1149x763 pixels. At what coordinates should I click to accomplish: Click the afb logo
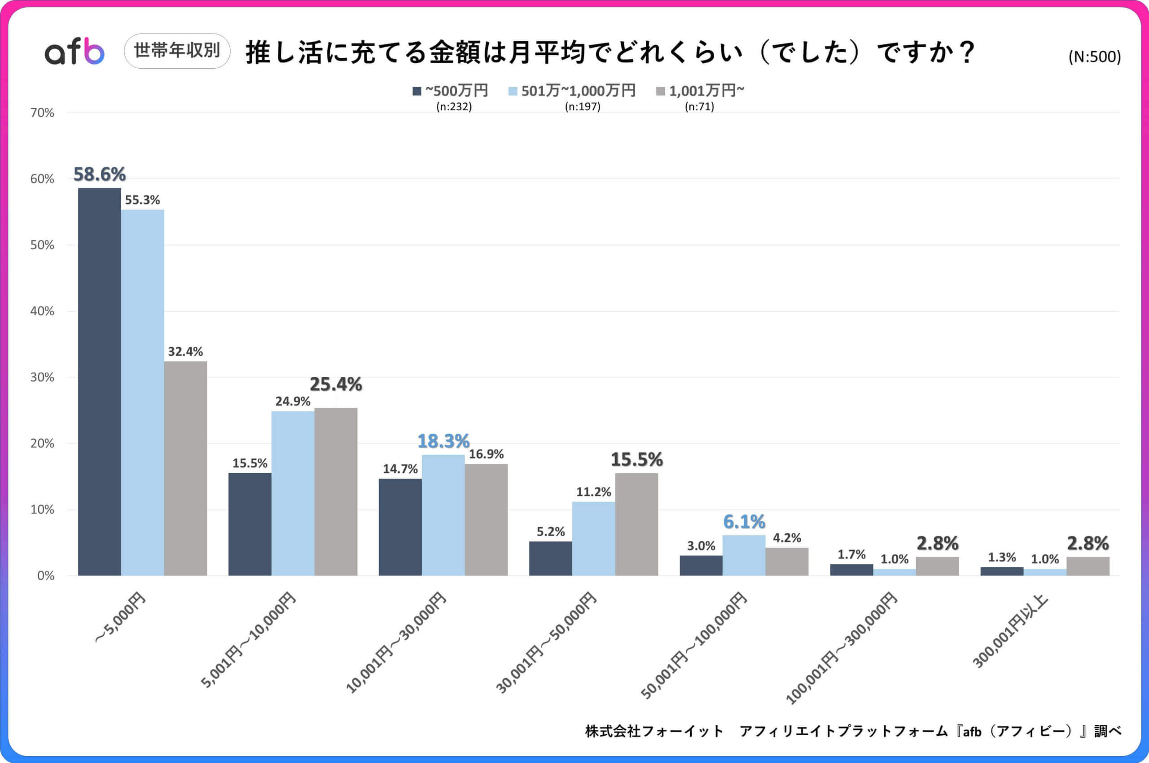[x=75, y=51]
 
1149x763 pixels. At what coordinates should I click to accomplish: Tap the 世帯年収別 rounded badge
[x=177, y=51]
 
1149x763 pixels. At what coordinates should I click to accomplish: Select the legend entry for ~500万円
[x=450, y=91]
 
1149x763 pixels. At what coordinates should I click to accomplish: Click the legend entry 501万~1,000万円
[x=573, y=91]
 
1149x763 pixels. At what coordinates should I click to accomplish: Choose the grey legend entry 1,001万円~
[x=701, y=91]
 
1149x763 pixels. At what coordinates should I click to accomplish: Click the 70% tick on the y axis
[x=42, y=113]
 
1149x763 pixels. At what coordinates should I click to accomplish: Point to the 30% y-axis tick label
[x=42, y=377]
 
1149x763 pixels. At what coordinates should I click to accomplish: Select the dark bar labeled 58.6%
[x=99, y=382]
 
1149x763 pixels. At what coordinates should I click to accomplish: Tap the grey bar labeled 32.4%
[x=185, y=468]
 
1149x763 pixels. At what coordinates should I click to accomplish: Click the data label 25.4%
[x=335, y=384]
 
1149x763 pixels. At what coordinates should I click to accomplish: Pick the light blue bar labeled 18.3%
[x=443, y=515]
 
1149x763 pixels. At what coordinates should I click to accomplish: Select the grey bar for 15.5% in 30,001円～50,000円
[x=636, y=524]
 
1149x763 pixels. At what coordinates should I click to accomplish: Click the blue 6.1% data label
[x=744, y=522]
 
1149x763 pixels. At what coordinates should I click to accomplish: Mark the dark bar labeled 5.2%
[x=550, y=558]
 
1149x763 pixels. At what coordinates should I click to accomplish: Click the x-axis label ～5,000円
[x=120, y=618]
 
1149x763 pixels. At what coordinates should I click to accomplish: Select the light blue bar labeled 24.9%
[x=293, y=493]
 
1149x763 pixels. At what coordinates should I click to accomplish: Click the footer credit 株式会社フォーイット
[x=654, y=731]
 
